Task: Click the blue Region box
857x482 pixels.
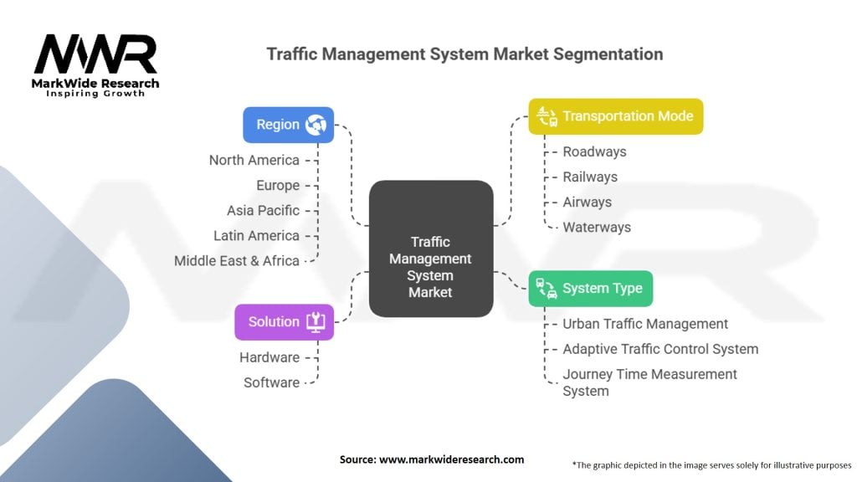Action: pos(288,125)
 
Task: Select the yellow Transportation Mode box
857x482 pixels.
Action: pos(615,116)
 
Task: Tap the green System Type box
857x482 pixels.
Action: pos(590,289)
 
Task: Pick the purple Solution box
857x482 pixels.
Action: pos(284,322)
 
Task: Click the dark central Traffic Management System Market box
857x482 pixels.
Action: pos(431,249)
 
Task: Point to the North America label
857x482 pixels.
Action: pos(254,160)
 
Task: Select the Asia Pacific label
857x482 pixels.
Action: pos(263,210)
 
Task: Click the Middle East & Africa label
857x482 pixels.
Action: pos(237,261)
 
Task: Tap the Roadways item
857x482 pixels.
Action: pos(595,151)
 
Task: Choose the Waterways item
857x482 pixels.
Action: pos(597,227)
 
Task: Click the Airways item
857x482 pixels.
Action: pos(587,202)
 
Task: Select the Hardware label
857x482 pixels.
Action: pos(269,357)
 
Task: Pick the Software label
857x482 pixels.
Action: pos(272,382)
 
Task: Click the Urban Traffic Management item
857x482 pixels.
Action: pos(645,324)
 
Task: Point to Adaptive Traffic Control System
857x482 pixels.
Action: pos(661,349)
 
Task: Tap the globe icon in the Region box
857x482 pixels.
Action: pos(316,125)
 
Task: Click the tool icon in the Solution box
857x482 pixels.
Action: pos(316,322)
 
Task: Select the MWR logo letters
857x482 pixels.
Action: pos(95,54)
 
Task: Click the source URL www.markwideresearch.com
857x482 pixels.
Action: pos(451,459)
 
